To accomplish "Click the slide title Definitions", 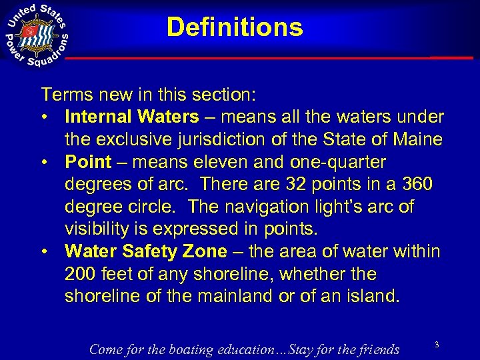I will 235,27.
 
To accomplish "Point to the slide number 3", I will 437,344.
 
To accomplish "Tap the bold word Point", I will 88,162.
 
